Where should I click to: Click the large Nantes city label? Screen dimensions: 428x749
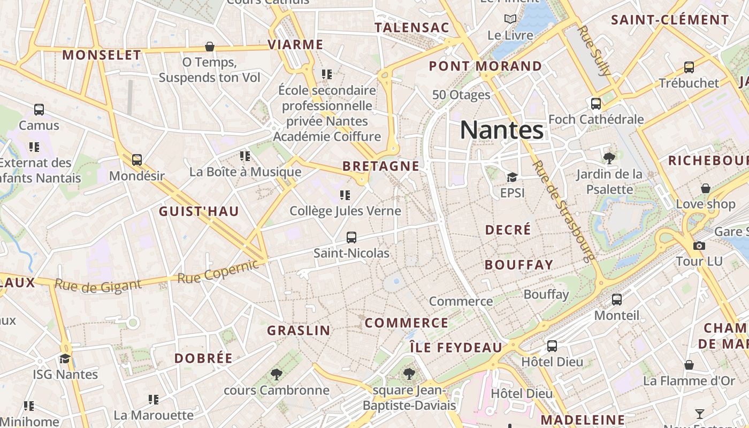502,130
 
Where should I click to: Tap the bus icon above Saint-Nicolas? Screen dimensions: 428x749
351,237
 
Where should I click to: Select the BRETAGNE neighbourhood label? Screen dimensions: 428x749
381,166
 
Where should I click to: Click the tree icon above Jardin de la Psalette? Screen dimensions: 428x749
609,158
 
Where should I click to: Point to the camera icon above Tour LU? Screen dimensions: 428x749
699,246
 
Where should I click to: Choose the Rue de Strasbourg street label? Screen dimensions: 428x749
564,211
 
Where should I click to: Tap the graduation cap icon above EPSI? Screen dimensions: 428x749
512,177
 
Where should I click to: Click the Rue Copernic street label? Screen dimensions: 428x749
218,272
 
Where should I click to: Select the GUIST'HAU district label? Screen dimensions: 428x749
199,211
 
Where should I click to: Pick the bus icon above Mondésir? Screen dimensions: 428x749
137,159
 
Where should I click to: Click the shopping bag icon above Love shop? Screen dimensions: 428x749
706,188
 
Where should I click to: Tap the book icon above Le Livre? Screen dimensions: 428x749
510,19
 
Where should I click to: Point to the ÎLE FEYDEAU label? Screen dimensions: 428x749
456,348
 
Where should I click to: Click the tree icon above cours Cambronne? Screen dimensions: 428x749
276,374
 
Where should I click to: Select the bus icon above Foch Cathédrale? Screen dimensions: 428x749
596,103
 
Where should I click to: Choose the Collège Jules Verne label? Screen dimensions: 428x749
345,211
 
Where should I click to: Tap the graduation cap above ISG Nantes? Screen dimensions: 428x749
65,358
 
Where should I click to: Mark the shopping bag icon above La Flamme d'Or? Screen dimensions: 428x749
689,365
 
